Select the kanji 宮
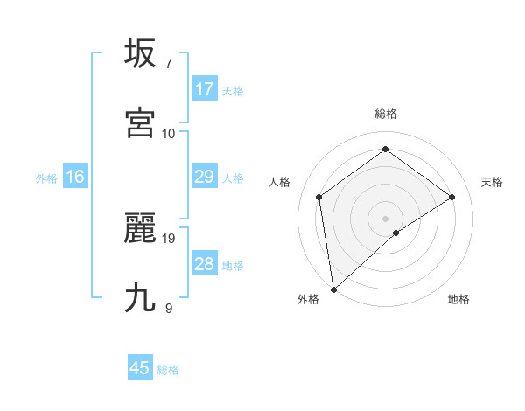[x=140, y=123]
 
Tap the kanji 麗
[x=140, y=228]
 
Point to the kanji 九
[x=140, y=298]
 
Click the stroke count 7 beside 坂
[x=168, y=63]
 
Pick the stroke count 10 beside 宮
[x=169, y=133]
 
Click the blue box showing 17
[x=205, y=89]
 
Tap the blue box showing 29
[x=205, y=177]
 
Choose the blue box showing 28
[x=205, y=264]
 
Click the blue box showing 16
[x=75, y=177]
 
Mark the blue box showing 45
[x=140, y=368]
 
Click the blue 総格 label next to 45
[x=168, y=370]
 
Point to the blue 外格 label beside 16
[x=46, y=178]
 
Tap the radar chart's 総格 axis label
[x=386, y=114]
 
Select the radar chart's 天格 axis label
[x=493, y=182]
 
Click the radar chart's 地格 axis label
[x=458, y=299]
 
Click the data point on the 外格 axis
[x=333, y=289]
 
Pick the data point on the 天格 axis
[x=452, y=197]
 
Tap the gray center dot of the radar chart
[x=386, y=218]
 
